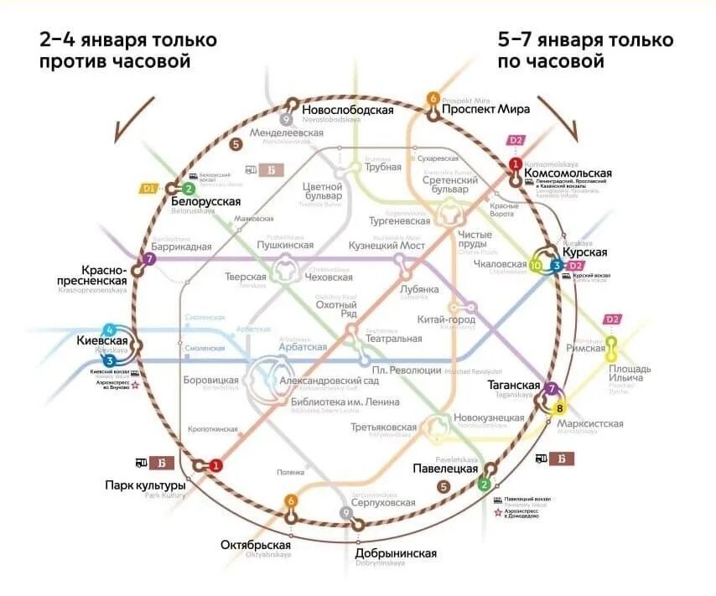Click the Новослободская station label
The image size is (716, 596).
pyautogui.click(x=348, y=110)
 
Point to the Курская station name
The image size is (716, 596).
pyautogui.click(x=584, y=251)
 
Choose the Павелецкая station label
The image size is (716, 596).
pyautogui.click(x=444, y=469)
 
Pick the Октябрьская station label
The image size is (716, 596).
pyautogui.click(x=255, y=544)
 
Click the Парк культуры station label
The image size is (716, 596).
pyautogui.click(x=145, y=485)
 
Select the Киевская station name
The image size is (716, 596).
pyautogui.click(x=103, y=341)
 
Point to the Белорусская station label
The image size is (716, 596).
pyautogui.click(x=205, y=201)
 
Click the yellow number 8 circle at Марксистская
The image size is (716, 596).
pyautogui.click(x=560, y=408)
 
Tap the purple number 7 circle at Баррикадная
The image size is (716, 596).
pyautogui.click(x=150, y=259)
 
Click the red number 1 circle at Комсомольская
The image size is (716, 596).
pyautogui.click(x=516, y=163)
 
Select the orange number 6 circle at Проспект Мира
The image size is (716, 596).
pyautogui.click(x=433, y=98)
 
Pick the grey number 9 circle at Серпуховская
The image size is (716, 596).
pyautogui.click(x=345, y=512)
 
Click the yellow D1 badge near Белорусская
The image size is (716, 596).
pyautogui.click(x=149, y=189)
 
